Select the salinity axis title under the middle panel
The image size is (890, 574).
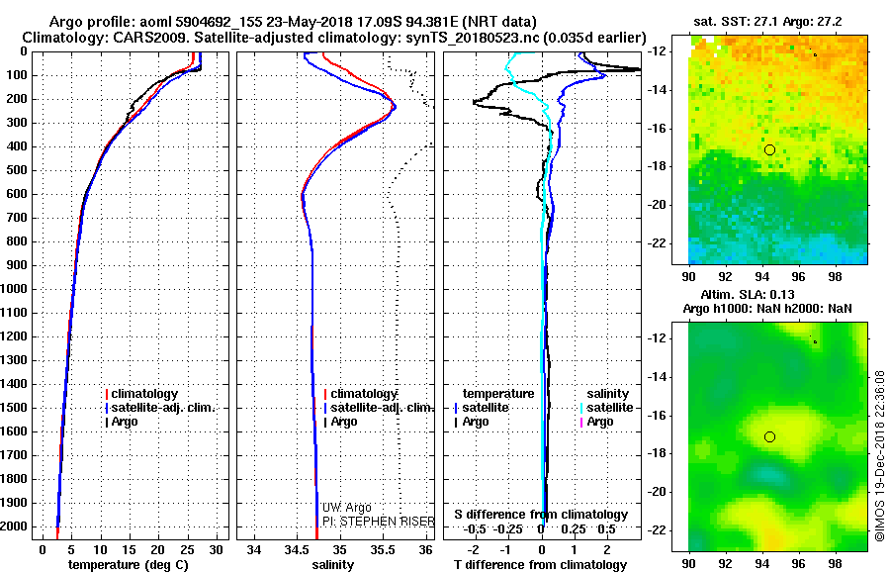click(332, 564)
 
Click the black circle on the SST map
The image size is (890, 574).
click(769, 149)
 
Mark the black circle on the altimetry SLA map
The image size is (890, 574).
click(769, 436)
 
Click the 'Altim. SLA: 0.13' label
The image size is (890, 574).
click(762, 295)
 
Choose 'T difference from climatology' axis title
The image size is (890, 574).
click(541, 564)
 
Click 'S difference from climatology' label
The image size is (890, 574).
click(541, 515)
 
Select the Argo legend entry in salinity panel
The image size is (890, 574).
click(344, 422)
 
